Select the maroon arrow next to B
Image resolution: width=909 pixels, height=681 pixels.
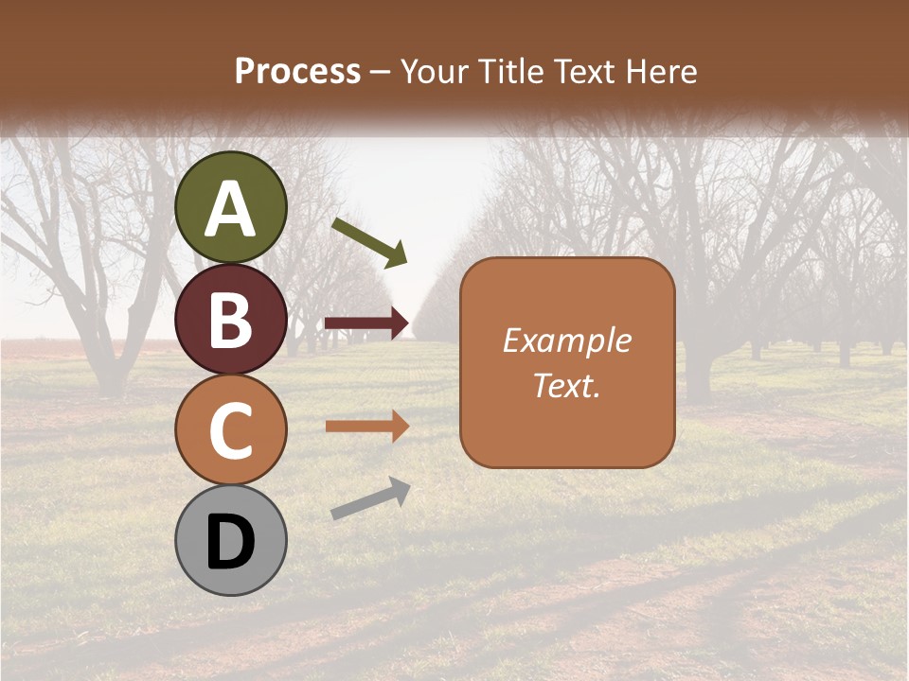(x=367, y=323)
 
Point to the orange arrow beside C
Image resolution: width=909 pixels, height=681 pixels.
(x=367, y=427)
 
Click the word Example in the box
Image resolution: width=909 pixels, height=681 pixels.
(x=567, y=340)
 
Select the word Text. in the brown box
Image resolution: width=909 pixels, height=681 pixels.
(x=566, y=386)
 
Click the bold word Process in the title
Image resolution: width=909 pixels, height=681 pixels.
(x=297, y=71)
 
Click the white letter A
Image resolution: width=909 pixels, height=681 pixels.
(x=231, y=209)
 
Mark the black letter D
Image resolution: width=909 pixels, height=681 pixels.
(x=231, y=542)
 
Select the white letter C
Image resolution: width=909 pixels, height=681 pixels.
(x=231, y=431)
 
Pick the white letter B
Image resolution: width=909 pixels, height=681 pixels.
(x=231, y=321)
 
